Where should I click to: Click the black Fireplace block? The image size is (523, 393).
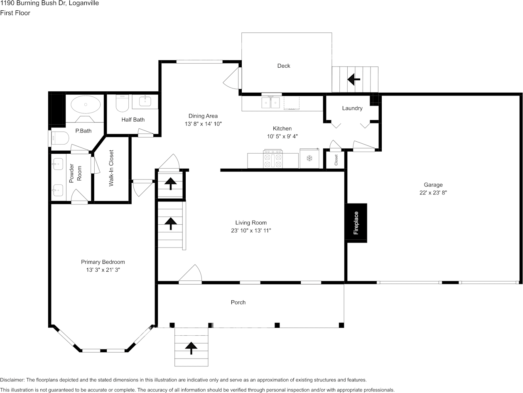click(357, 223)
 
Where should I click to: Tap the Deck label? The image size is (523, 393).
click(284, 66)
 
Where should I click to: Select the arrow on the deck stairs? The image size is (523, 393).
click(354, 79)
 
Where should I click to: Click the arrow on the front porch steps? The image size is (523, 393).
click(191, 348)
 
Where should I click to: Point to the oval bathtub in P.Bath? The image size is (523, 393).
click(86, 105)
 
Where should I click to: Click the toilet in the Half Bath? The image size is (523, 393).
click(122, 103)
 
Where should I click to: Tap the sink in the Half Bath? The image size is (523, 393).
click(145, 101)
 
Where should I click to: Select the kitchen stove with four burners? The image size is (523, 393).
click(273, 159)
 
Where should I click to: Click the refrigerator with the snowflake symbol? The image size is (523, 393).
click(309, 158)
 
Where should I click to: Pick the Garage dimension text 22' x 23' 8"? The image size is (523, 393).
click(433, 193)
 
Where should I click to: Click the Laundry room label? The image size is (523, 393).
click(352, 108)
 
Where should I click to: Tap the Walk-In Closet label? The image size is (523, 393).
click(111, 168)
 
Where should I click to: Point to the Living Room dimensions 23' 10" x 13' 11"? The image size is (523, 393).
click(251, 231)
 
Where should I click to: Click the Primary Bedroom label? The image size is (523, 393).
click(103, 262)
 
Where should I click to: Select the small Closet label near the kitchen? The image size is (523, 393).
click(336, 160)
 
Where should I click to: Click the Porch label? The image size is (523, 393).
click(238, 302)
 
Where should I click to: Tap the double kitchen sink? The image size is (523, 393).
click(270, 103)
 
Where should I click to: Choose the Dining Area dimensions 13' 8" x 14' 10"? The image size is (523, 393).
click(203, 124)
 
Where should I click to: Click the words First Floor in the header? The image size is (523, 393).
click(15, 13)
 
